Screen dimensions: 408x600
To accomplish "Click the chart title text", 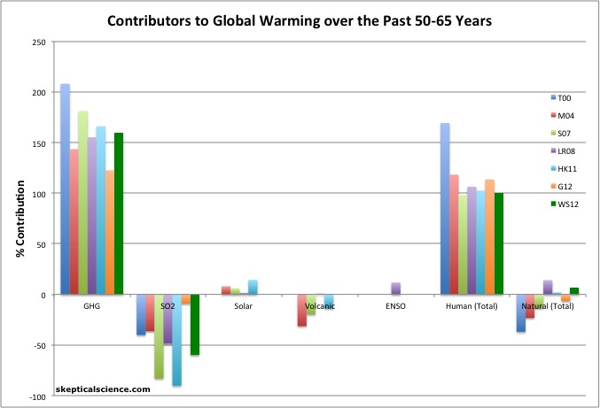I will (300, 19).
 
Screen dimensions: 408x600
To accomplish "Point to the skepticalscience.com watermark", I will (105, 387).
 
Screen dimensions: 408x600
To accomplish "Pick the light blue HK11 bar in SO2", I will (177, 340).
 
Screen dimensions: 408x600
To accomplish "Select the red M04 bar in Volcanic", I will (303, 311).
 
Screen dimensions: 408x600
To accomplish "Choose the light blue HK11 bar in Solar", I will (253, 287).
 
